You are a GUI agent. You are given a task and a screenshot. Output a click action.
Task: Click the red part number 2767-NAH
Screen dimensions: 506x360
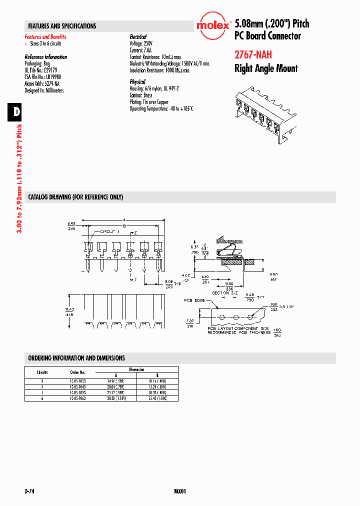[253, 55]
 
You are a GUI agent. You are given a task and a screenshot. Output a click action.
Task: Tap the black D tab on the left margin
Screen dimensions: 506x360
[16, 111]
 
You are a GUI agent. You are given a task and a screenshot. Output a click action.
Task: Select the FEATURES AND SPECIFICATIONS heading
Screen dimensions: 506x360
[62, 26]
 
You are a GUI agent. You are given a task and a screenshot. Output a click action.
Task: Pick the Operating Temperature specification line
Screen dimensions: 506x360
[161, 108]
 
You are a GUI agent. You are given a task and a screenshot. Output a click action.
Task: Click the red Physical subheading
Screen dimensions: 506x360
[137, 81]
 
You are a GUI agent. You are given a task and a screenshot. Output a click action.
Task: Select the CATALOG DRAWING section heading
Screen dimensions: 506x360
[75, 197]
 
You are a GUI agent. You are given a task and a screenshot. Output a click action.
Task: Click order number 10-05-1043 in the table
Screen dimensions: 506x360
[77, 386]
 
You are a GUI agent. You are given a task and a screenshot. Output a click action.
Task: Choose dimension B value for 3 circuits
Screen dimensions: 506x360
[158, 380]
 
